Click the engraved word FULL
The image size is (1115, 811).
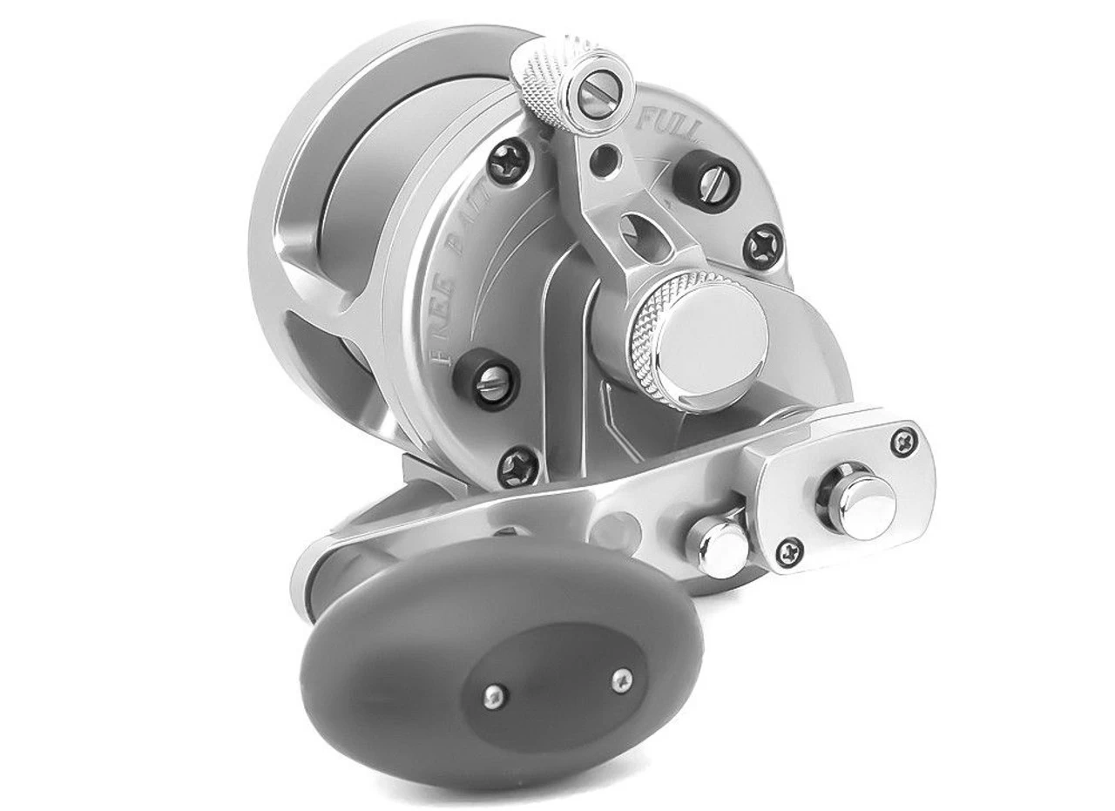coord(672,122)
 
